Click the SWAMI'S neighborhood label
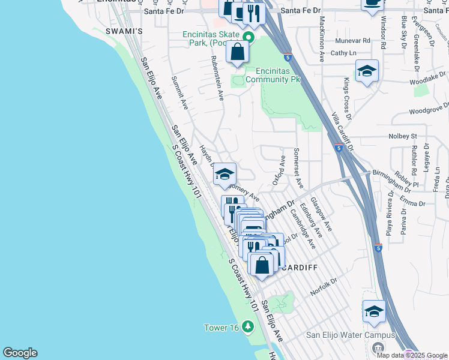point(123,31)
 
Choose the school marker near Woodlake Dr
point(367,72)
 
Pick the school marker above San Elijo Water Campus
point(374,312)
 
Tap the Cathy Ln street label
point(339,53)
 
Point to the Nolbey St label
point(402,136)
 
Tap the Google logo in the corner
point(20,353)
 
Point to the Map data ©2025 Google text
point(411,355)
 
